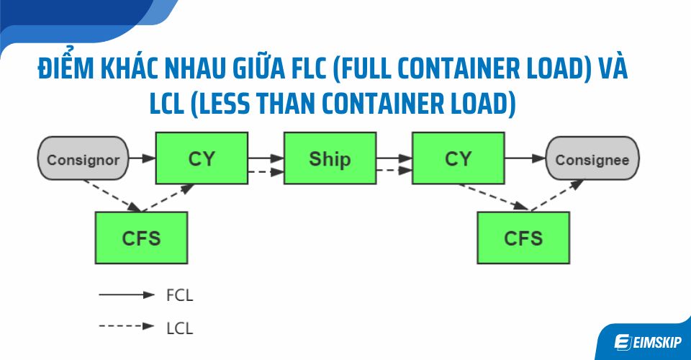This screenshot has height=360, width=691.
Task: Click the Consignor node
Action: click(x=83, y=159)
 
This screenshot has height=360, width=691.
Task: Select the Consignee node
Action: click(x=592, y=159)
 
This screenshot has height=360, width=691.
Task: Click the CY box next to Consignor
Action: click(x=202, y=158)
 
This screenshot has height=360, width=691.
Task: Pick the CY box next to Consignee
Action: click(x=458, y=158)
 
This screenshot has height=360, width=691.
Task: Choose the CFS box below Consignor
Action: click(x=141, y=237)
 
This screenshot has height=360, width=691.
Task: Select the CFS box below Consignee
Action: click(x=523, y=237)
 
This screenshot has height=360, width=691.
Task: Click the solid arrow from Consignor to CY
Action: click(x=143, y=158)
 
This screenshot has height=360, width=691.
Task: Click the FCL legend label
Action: click(x=179, y=294)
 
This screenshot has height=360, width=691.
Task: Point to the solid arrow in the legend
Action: click(x=126, y=294)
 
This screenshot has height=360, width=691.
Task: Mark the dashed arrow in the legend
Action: click(x=126, y=326)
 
